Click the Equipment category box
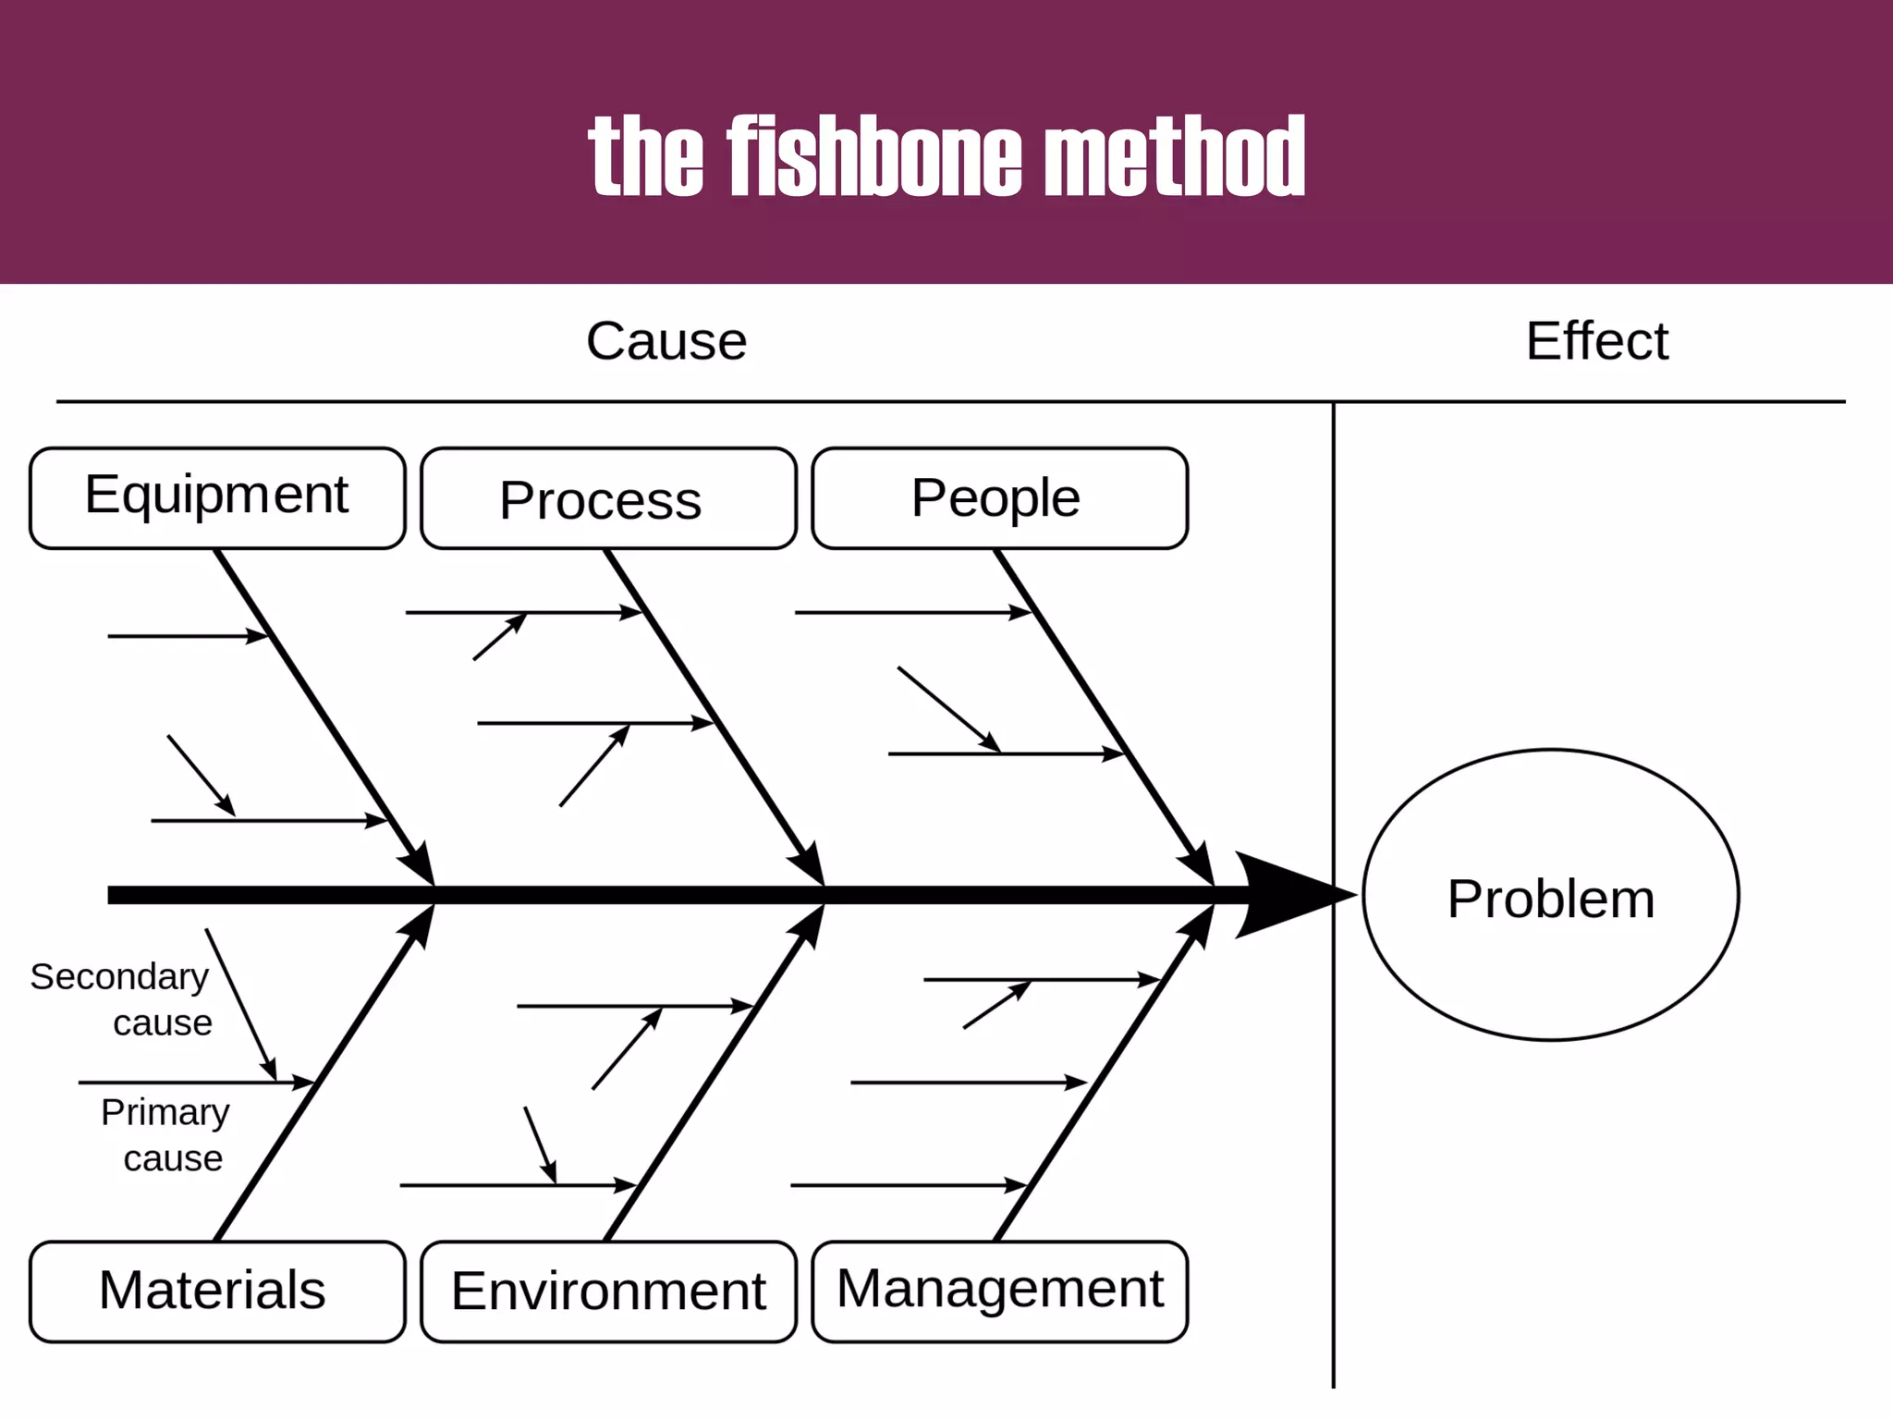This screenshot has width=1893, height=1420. tap(217, 498)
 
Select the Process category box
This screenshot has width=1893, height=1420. tap(608, 498)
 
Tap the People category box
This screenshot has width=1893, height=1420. tap(999, 498)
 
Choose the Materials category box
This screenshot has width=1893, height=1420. tap(217, 1291)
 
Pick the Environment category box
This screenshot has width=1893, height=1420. tap(608, 1291)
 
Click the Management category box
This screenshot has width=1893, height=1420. tap(999, 1291)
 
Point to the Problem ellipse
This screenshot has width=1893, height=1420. tap(1550, 895)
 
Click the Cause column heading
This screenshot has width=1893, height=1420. tap(666, 341)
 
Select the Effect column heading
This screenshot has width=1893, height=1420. tap(1596, 341)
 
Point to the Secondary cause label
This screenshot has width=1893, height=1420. tap(121, 999)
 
